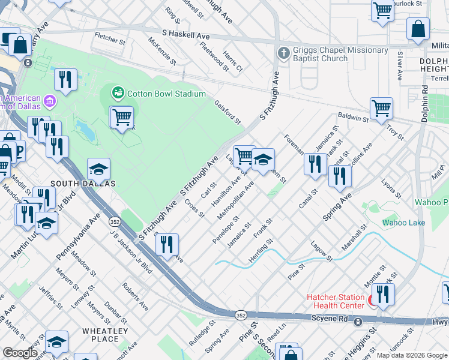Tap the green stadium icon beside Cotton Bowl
pyautogui.click(x=119, y=93)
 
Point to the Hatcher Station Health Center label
pyautogui.click(x=336, y=301)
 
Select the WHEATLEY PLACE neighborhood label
pyautogui.click(x=105, y=335)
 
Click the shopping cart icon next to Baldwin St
pyautogui.click(x=381, y=109)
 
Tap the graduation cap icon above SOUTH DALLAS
pyautogui.click(x=99, y=169)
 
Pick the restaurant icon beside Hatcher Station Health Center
pyautogui.click(x=382, y=293)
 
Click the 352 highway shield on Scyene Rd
pyautogui.click(x=241, y=314)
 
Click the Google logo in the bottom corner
pyautogui.click(x=20, y=353)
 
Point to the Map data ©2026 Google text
pyautogui.click(x=412, y=355)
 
